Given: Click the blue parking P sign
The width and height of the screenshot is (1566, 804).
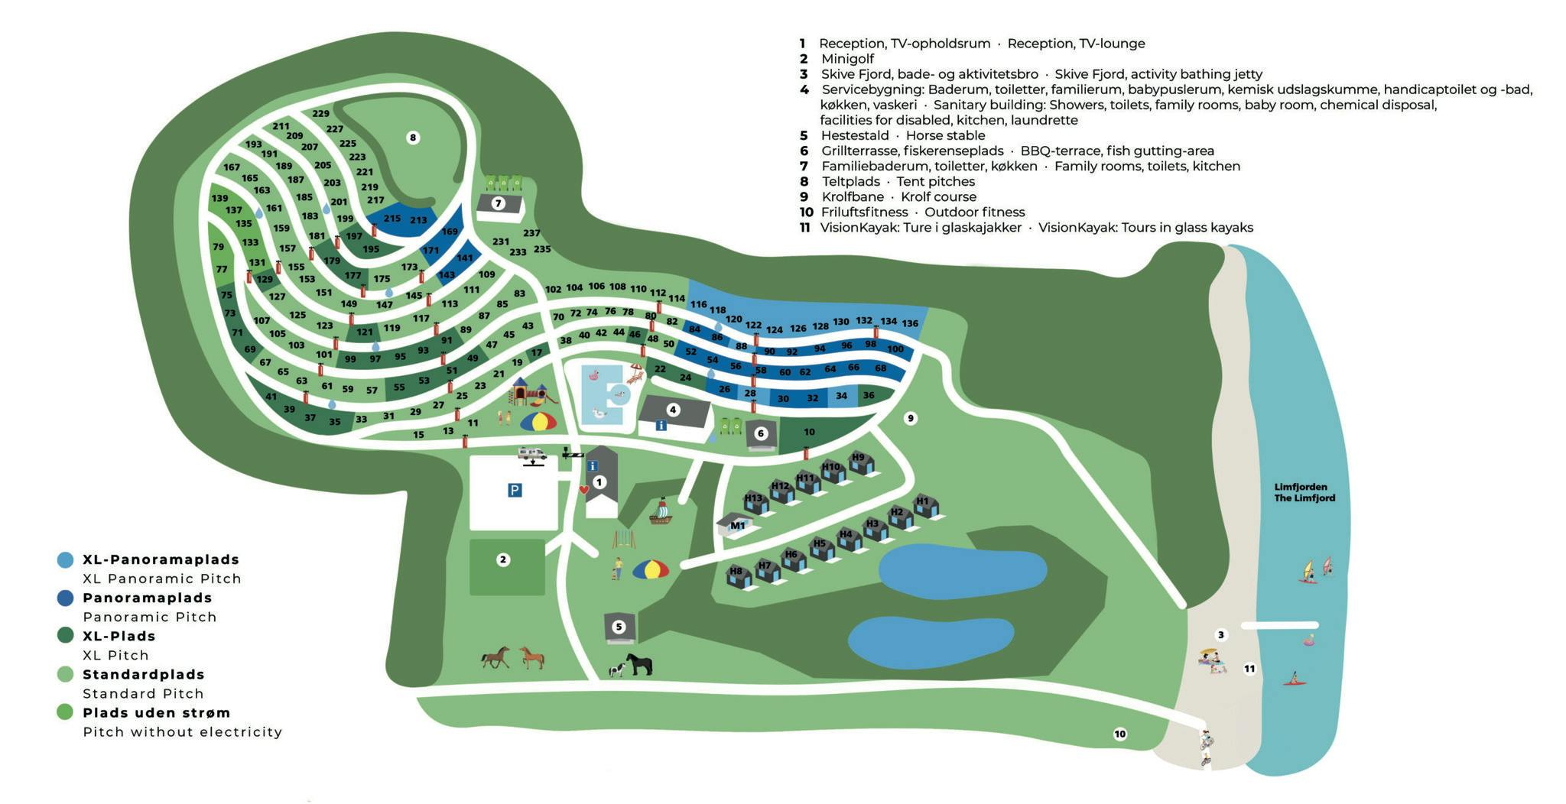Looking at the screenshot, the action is (515, 490).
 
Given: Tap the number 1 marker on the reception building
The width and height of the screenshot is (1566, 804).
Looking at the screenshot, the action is (599, 482).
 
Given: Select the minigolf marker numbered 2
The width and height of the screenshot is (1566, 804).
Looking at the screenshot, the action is (503, 559).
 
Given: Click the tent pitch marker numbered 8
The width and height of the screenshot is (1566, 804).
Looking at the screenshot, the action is (413, 138).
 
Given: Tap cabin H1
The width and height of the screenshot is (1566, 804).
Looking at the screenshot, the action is (924, 504).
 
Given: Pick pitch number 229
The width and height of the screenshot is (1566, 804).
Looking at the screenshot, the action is (320, 114).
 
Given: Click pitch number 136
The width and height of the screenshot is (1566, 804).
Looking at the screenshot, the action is (910, 323).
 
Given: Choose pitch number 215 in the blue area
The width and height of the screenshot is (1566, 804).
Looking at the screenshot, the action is (392, 218).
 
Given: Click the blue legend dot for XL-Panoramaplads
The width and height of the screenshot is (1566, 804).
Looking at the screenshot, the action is (65, 559).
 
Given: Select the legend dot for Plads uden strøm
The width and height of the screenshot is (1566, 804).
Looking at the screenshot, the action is (65, 712).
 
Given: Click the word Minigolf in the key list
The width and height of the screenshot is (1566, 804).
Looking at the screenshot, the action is (847, 59).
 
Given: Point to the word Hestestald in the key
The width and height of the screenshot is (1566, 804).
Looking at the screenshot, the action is (855, 135).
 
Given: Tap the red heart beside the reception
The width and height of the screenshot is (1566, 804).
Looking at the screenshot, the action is (583, 490).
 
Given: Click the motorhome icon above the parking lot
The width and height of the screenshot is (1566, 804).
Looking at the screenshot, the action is (531, 455).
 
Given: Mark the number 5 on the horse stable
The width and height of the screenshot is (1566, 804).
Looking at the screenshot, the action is (619, 627).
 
